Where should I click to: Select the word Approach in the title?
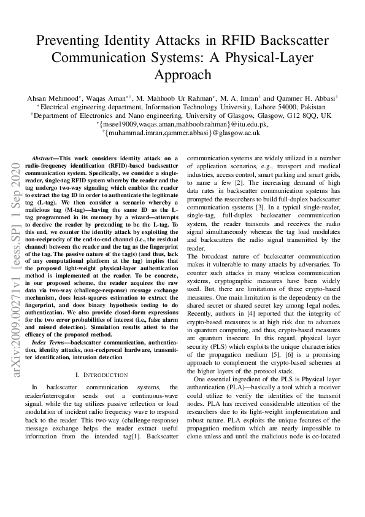coord(182,75)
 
